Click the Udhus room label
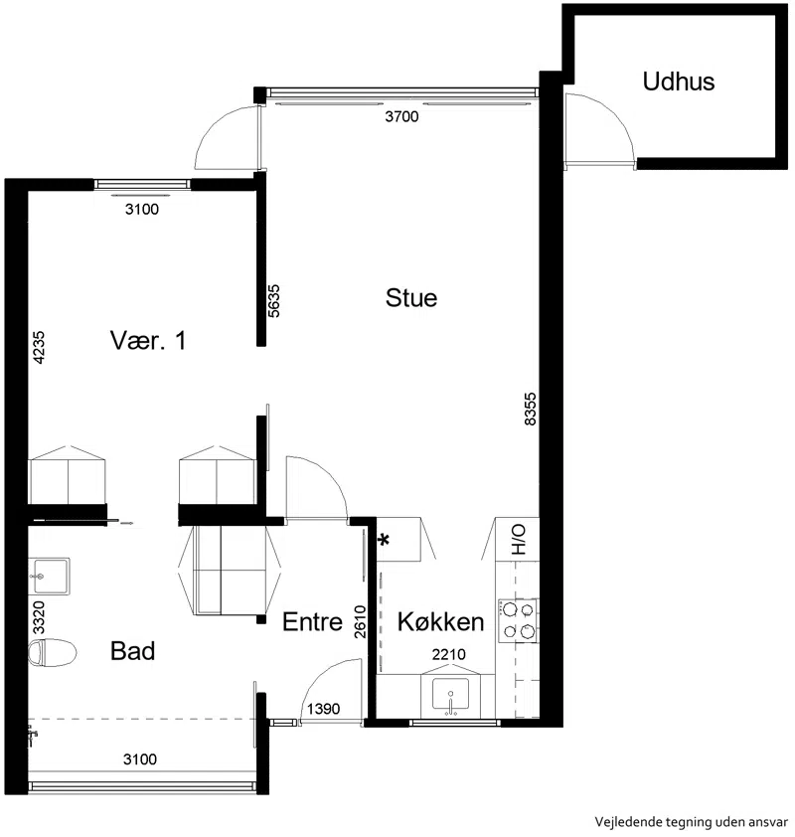pos(678,82)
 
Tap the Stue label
pos(410,298)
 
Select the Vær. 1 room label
pos(148,341)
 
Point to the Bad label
pos(132,651)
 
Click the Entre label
pos(312,622)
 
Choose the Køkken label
pos(440,622)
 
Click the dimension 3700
pos(401,116)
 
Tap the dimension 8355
pos(530,409)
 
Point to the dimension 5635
pos(273,301)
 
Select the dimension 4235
pos(39,348)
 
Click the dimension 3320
pos(39,617)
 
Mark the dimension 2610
pos(360,622)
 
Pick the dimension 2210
pos(449,654)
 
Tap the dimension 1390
pos(323,709)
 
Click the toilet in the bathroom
pos(52,653)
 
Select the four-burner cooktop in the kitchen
pos(518,620)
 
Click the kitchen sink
pos(450,695)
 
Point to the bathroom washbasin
pos(49,577)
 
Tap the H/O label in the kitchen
pos(518,539)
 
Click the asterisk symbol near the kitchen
pos(384,540)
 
